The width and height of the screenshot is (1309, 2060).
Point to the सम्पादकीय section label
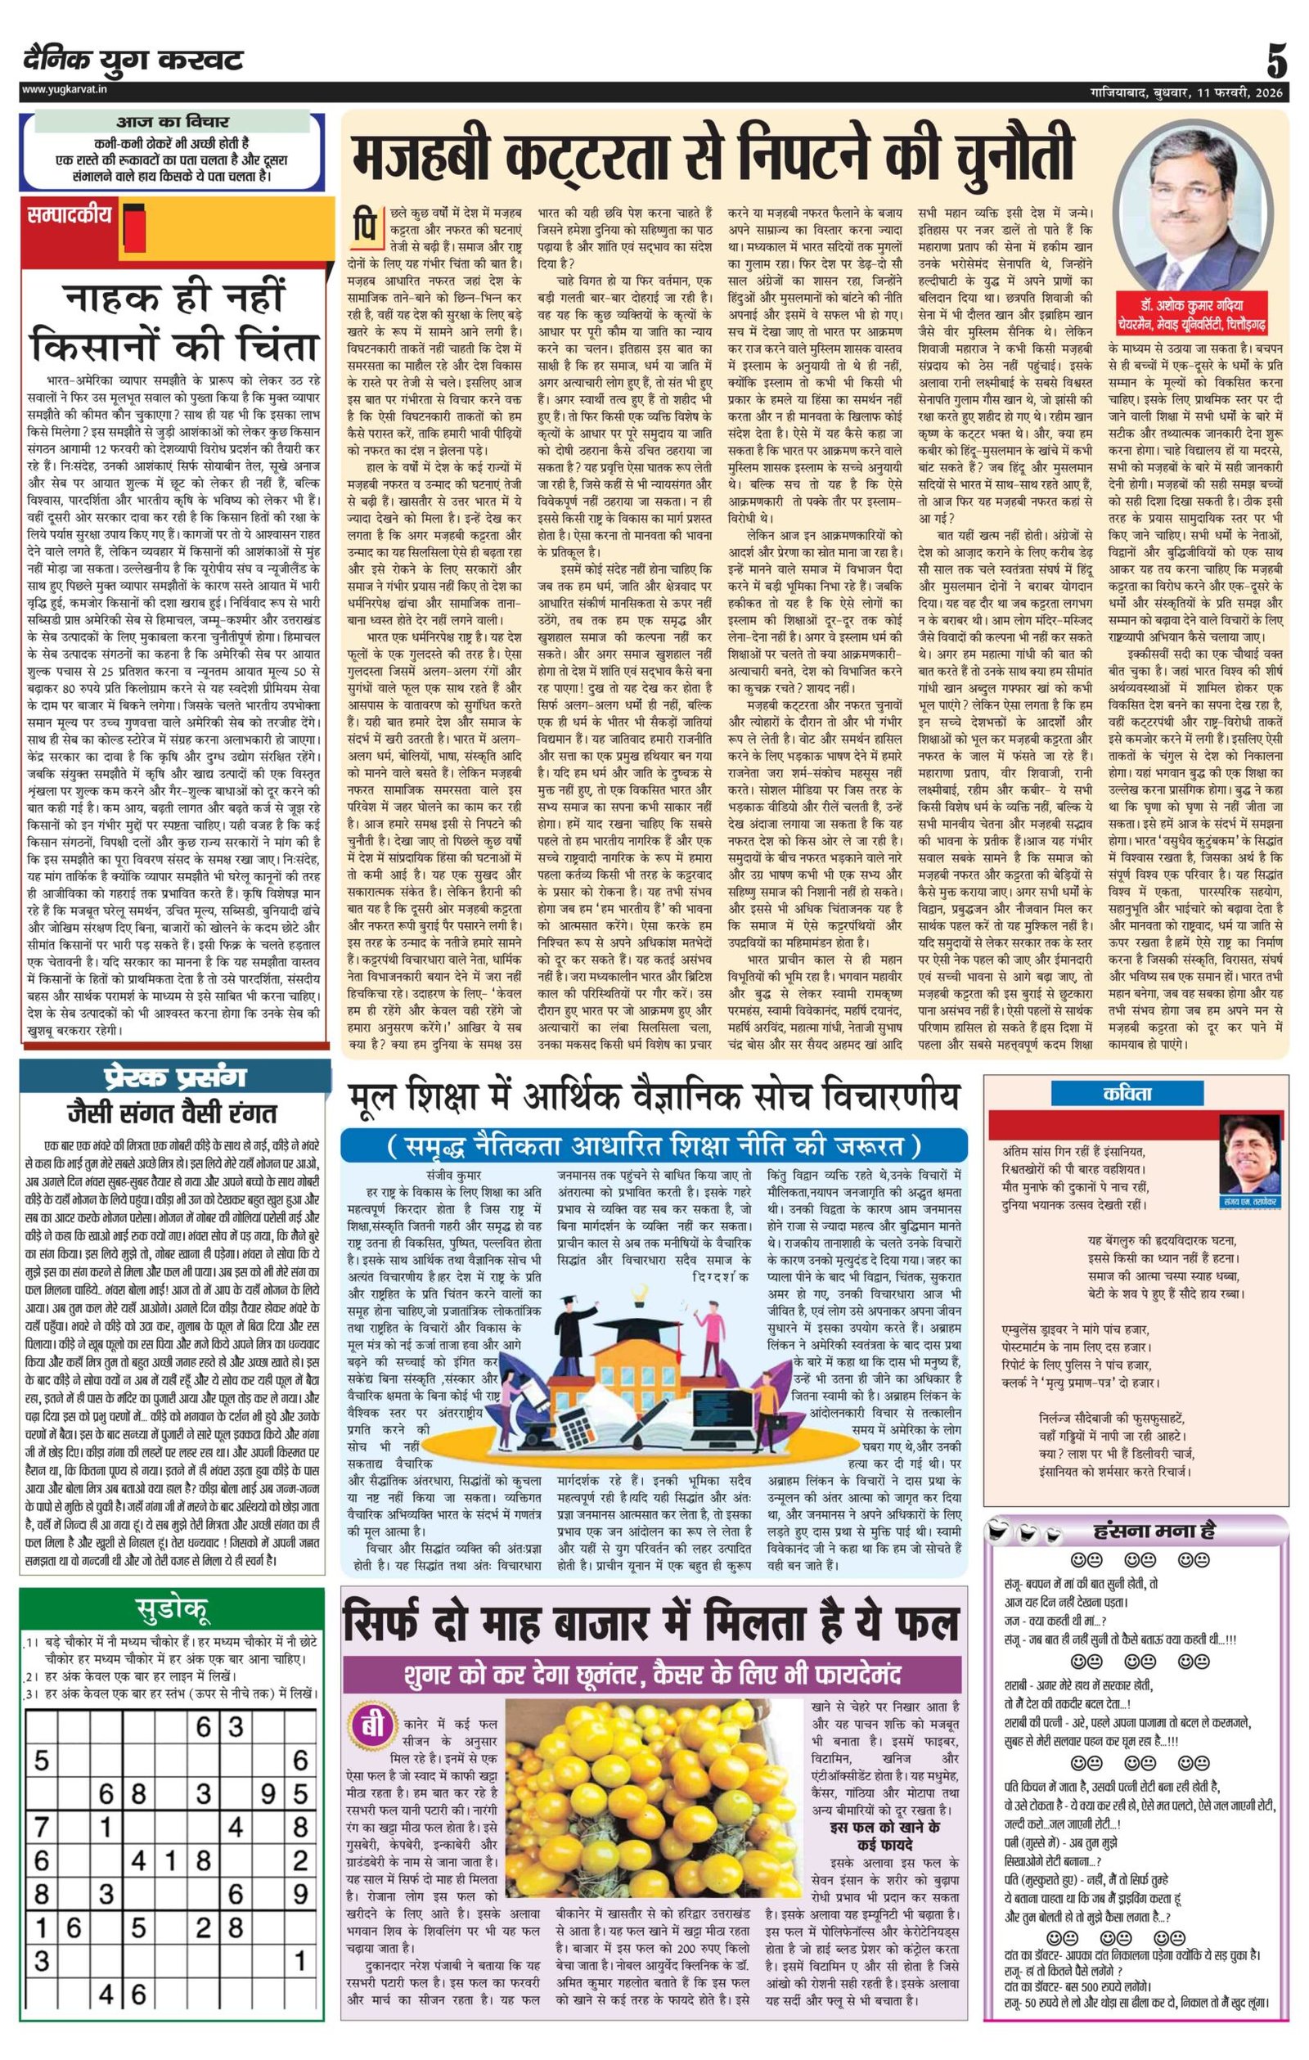[71, 214]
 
